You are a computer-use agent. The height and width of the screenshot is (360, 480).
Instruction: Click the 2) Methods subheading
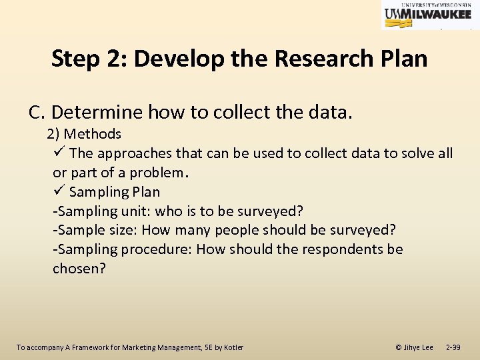pyautogui.click(x=84, y=134)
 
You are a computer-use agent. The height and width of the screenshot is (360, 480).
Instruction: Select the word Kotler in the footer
pyautogui.click(x=233, y=347)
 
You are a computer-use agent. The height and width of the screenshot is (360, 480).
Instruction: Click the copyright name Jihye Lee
pyautogui.click(x=418, y=347)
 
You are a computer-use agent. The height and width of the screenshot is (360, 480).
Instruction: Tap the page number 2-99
pyautogui.click(x=453, y=347)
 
